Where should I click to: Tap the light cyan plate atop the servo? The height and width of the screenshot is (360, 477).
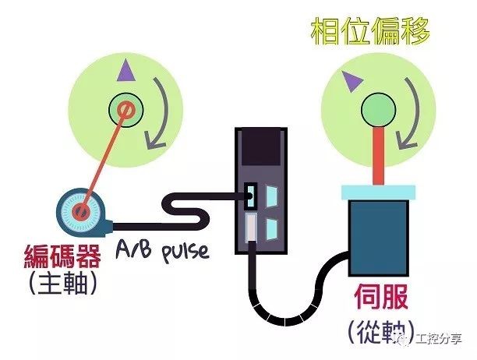coord(378,192)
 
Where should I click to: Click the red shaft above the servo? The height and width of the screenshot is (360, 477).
coord(378,156)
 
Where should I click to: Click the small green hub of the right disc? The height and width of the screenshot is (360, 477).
coord(378,107)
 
